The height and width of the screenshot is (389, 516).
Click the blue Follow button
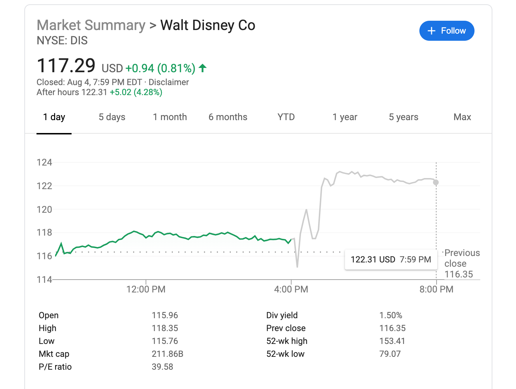point(447,31)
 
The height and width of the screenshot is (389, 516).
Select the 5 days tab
point(112,117)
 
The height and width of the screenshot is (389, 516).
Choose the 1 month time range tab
point(170,117)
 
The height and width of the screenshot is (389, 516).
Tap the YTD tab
point(286,117)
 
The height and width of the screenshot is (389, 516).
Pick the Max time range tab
point(462,117)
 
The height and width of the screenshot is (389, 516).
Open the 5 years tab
point(403,117)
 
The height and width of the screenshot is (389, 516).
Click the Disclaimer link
point(169,82)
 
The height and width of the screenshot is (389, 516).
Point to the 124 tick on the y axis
point(44,162)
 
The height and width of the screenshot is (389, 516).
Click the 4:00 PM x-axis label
point(291,289)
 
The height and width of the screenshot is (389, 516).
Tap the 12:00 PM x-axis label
point(146,289)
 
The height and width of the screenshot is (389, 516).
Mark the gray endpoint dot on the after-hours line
point(436,182)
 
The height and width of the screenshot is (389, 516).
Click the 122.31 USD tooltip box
point(391,260)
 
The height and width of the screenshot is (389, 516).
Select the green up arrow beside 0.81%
point(203,68)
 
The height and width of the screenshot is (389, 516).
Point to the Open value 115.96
point(165,315)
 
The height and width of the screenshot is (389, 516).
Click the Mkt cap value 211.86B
point(167,354)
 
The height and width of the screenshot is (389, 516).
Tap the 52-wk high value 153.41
point(392,341)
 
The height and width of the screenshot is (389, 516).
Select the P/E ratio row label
point(55,367)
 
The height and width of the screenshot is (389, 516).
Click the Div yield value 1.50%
point(391,315)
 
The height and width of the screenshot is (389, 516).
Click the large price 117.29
point(66,66)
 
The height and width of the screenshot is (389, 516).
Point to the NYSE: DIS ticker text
point(62,41)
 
